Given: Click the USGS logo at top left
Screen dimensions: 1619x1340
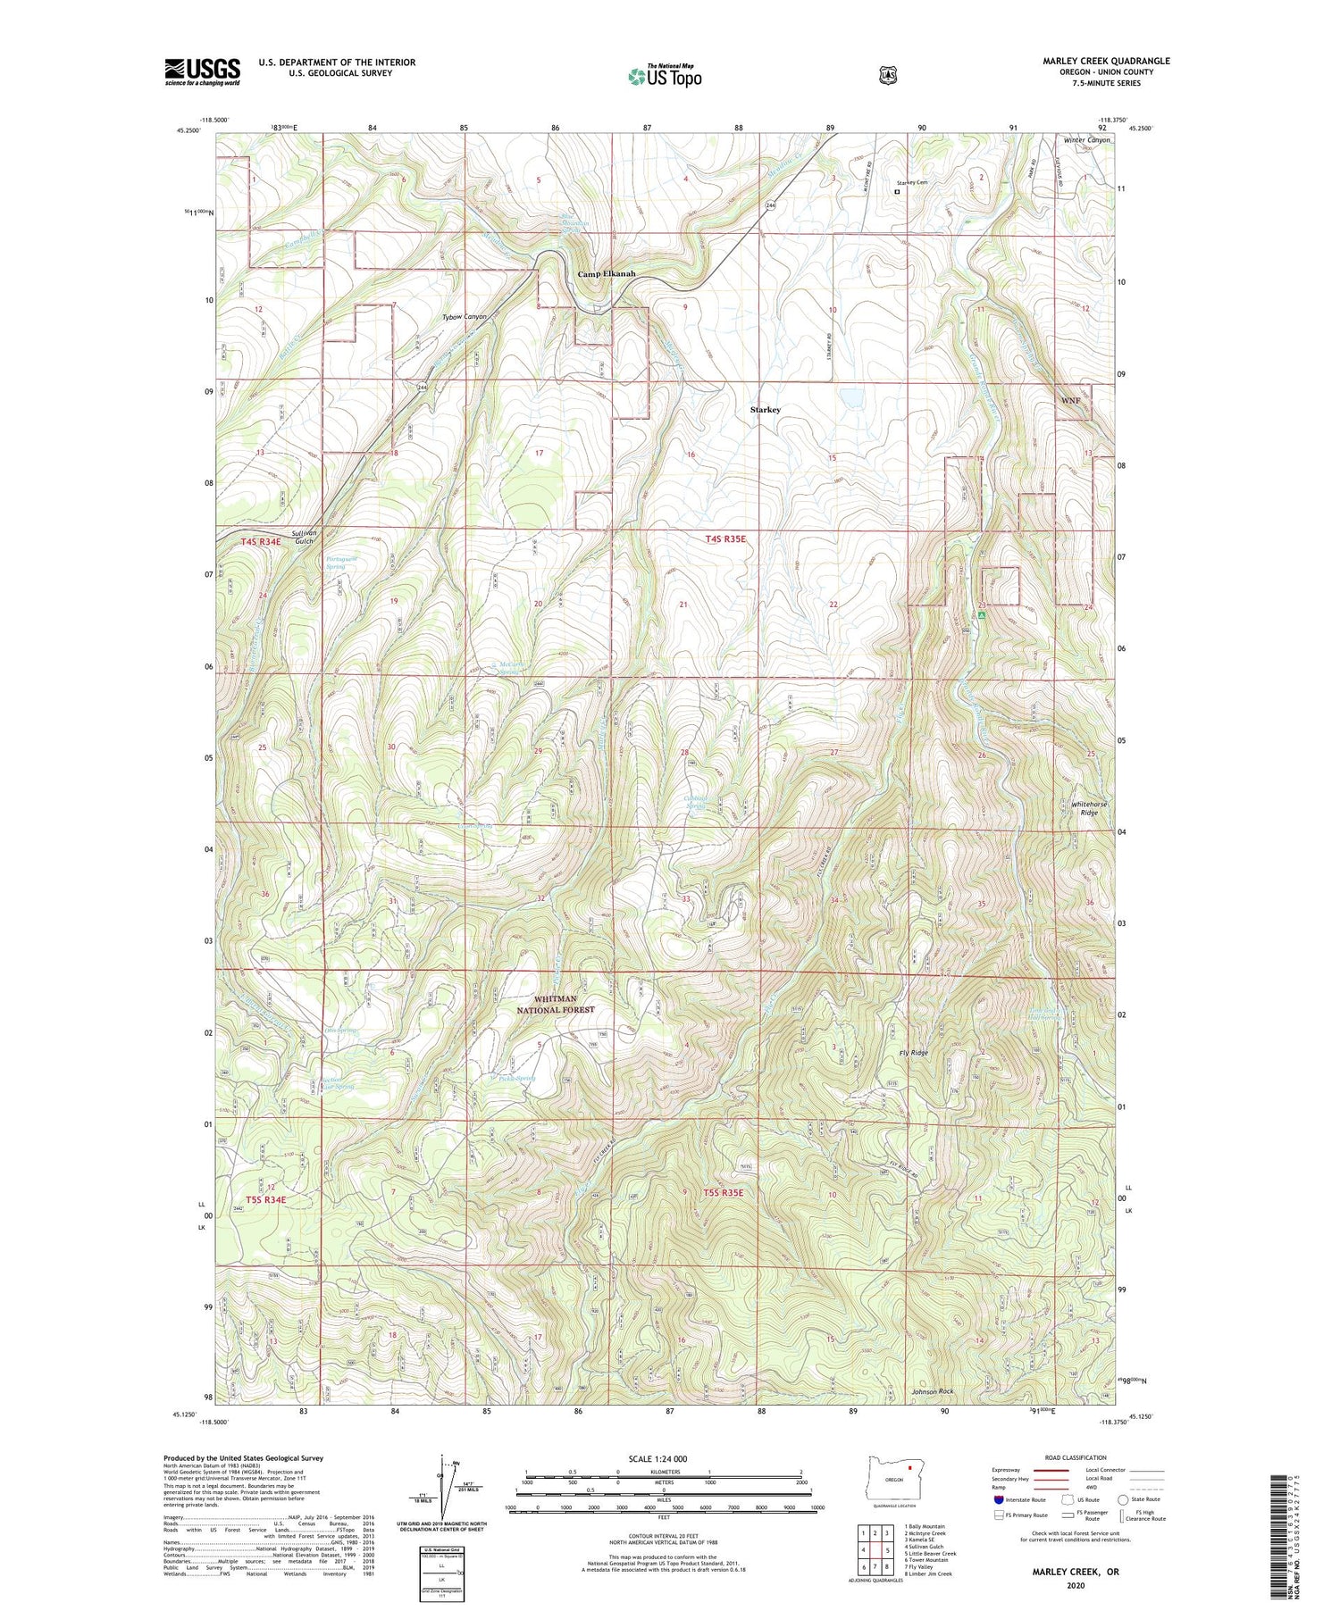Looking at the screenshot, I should pyautogui.click(x=202, y=71).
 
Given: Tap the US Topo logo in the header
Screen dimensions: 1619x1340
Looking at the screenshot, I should pyautogui.click(x=665, y=76).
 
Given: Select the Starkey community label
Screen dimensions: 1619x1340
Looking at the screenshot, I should pyautogui.click(x=765, y=410).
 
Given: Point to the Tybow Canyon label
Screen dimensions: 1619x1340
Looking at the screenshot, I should pyautogui.click(x=465, y=316).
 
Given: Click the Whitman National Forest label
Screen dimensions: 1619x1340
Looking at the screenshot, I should pyautogui.click(x=555, y=1005).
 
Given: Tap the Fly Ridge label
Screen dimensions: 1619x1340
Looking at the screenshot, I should pyautogui.click(x=912, y=1053).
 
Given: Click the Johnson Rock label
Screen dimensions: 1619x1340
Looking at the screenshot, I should pyautogui.click(x=933, y=1391).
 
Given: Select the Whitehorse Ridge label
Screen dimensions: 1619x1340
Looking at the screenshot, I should pyautogui.click(x=1089, y=808).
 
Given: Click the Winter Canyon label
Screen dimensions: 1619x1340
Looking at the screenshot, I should pyautogui.click(x=1086, y=140).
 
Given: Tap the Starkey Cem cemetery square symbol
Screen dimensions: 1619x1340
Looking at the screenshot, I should pyautogui.click(x=897, y=190).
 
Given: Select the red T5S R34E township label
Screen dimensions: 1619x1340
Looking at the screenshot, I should pyautogui.click(x=265, y=1199).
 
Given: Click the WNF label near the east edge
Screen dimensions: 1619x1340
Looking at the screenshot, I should pyautogui.click(x=1070, y=400).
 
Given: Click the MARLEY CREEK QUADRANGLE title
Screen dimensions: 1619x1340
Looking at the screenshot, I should pyautogui.click(x=1106, y=61).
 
